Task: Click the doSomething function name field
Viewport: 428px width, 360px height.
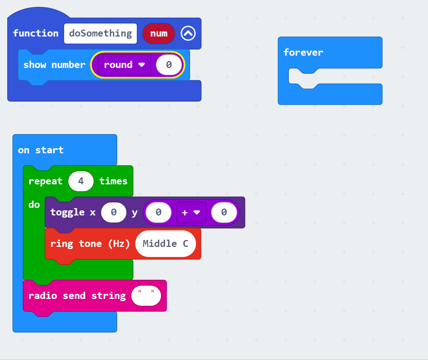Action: (100, 34)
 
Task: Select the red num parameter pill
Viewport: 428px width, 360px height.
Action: (159, 34)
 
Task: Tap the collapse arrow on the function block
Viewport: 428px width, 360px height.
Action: (188, 34)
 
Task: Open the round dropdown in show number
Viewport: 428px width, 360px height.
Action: (124, 65)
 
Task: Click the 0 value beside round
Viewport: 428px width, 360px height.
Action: (169, 65)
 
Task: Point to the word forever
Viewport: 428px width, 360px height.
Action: (303, 52)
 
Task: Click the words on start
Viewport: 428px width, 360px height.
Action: (41, 150)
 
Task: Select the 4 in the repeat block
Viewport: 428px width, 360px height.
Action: (81, 181)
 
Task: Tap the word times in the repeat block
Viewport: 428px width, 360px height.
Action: (114, 181)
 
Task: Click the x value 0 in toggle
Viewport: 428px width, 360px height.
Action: (114, 213)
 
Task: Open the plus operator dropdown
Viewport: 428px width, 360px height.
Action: (191, 213)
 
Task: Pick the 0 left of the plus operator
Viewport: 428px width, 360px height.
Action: (158, 213)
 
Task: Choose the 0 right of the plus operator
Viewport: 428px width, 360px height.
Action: (224, 213)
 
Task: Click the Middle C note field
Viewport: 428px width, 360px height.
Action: (166, 244)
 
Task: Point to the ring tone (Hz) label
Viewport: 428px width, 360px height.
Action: (90, 244)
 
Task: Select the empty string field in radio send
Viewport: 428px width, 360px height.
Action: (146, 296)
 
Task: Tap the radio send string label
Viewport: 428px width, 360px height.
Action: (77, 296)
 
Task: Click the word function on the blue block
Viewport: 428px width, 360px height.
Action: (35, 34)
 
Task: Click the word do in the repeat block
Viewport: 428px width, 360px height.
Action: (34, 205)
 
